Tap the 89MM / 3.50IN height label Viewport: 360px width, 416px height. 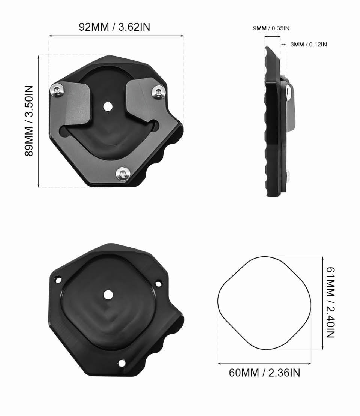pos(29,121)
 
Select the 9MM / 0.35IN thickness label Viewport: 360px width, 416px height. pos(271,28)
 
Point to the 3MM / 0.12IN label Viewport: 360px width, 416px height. pos(309,45)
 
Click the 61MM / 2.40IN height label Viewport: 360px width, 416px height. pos(330,302)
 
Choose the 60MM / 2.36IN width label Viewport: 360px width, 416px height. pos(264,373)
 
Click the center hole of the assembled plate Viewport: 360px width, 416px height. pos(108,106)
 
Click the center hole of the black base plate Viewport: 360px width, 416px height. pos(108,295)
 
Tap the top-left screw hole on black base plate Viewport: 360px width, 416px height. pos(58,279)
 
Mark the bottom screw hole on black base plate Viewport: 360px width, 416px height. pos(121,362)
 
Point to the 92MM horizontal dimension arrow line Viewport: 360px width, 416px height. pos(116,36)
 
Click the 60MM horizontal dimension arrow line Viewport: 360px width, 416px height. pos(264,363)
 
